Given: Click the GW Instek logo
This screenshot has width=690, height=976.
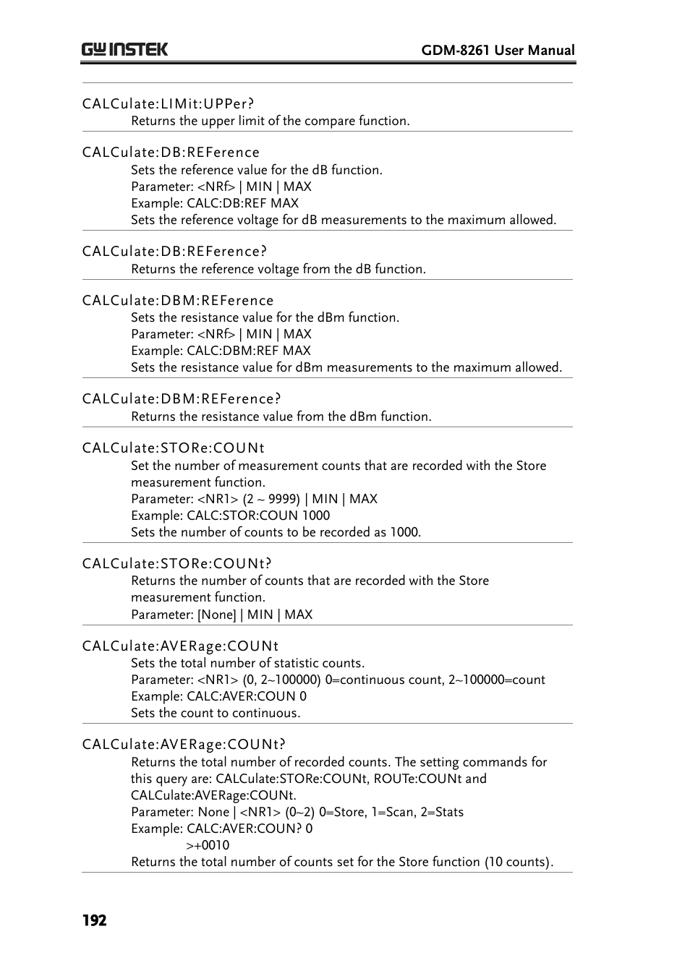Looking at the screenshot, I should click(124, 49).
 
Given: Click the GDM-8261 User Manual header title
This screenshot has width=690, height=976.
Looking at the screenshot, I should click(498, 50).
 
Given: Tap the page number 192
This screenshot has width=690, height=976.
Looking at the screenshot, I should click(94, 920).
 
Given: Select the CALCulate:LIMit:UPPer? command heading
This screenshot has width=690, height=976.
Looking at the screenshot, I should click(168, 103).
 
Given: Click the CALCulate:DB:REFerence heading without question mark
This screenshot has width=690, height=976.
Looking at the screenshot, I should click(171, 153).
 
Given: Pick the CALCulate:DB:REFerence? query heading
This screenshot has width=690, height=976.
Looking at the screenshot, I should click(174, 252).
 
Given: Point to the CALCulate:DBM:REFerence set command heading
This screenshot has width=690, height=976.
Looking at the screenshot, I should click(178, 301).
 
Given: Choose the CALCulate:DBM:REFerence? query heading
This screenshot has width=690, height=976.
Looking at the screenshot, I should click(182, 399).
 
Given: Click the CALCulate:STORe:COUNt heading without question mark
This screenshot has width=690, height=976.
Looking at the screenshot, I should click(174, 448).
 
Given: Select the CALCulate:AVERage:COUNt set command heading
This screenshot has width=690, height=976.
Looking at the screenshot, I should click(180, 646).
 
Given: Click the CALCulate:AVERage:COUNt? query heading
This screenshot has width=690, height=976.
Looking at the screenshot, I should click(184, 745).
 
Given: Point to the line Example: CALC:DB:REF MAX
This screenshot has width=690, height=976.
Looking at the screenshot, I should click(215, 203).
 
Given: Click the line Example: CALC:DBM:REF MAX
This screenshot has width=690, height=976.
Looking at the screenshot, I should click(221, 351).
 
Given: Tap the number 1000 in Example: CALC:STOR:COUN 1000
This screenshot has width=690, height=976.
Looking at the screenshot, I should click(316, 515).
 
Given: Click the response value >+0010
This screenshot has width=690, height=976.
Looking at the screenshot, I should click(208, 845).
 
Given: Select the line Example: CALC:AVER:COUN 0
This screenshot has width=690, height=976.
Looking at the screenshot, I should click(218, 696).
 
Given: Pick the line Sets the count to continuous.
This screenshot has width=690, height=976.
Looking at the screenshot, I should click(216, 713).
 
